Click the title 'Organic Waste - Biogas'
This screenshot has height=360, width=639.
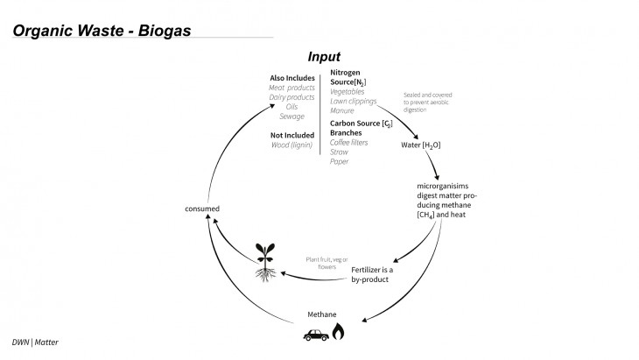coord(102,31)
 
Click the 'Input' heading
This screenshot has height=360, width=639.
coord(324,57)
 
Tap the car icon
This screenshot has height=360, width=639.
coord(316,334)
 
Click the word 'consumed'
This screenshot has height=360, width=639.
coord(201,208)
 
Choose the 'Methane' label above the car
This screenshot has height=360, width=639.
coord(321,314)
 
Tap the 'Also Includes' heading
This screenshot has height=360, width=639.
coord(291,79)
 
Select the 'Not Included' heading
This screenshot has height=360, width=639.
coord(291,135)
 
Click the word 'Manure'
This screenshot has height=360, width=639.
coord(342,111)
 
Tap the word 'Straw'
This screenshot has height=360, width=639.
coord(340,152)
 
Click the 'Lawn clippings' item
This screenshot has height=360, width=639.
coord(354,102)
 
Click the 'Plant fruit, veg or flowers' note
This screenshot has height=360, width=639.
coord(327,263)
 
